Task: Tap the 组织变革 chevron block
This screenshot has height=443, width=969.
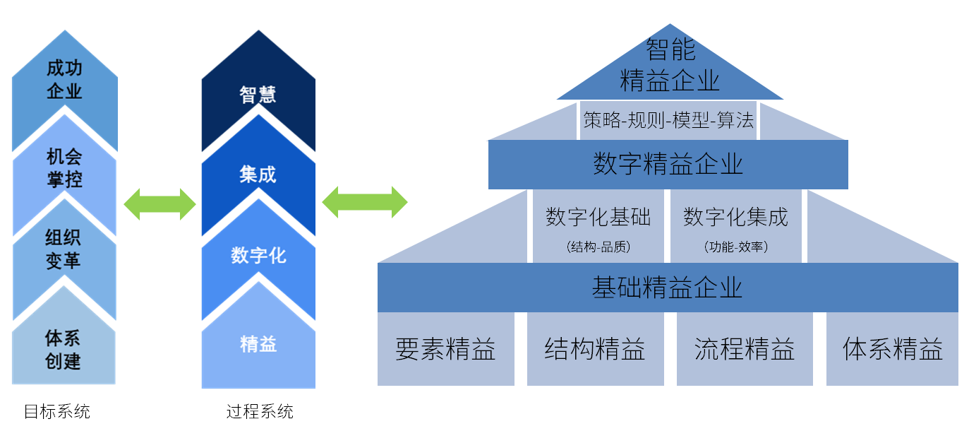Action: [x=64, y=251]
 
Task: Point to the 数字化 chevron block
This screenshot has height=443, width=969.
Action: [x=258, y=255]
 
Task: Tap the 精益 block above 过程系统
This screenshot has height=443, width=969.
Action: [x=258, y=344]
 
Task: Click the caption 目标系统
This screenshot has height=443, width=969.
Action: [x=57, y=412]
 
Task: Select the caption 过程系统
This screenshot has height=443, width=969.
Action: [x=260, y=412]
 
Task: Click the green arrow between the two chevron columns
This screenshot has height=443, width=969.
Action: [x=160, y=204]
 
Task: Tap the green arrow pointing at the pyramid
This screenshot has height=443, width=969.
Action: [x=365, y=203]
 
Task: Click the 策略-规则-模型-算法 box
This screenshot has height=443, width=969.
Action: [x=668, y=120]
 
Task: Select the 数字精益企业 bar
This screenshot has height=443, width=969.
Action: [x=668, y=165]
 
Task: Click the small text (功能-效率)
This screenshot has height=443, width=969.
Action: [x=735, y=247]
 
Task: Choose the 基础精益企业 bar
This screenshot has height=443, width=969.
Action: [x=668, y=288]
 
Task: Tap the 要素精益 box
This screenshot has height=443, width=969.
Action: [x=445, y=349]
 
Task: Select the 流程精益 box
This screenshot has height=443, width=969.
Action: [x=745, y=349]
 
